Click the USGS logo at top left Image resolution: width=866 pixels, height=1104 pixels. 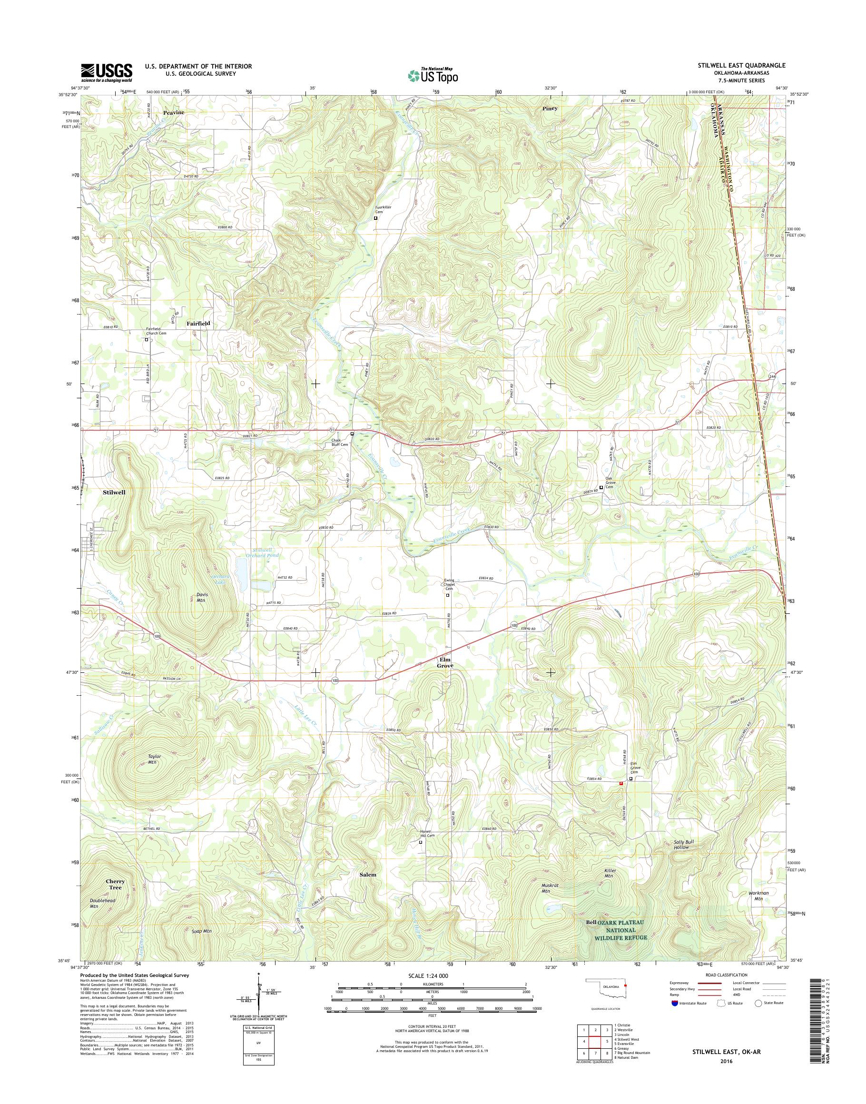coord(107,72)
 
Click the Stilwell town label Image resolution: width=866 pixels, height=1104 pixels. coord(114,492)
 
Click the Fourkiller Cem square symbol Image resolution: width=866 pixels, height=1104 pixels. coord(376,218)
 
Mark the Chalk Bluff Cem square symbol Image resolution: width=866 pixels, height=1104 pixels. coord(353,434)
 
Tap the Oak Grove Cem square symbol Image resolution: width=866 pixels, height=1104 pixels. coord(601,487)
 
